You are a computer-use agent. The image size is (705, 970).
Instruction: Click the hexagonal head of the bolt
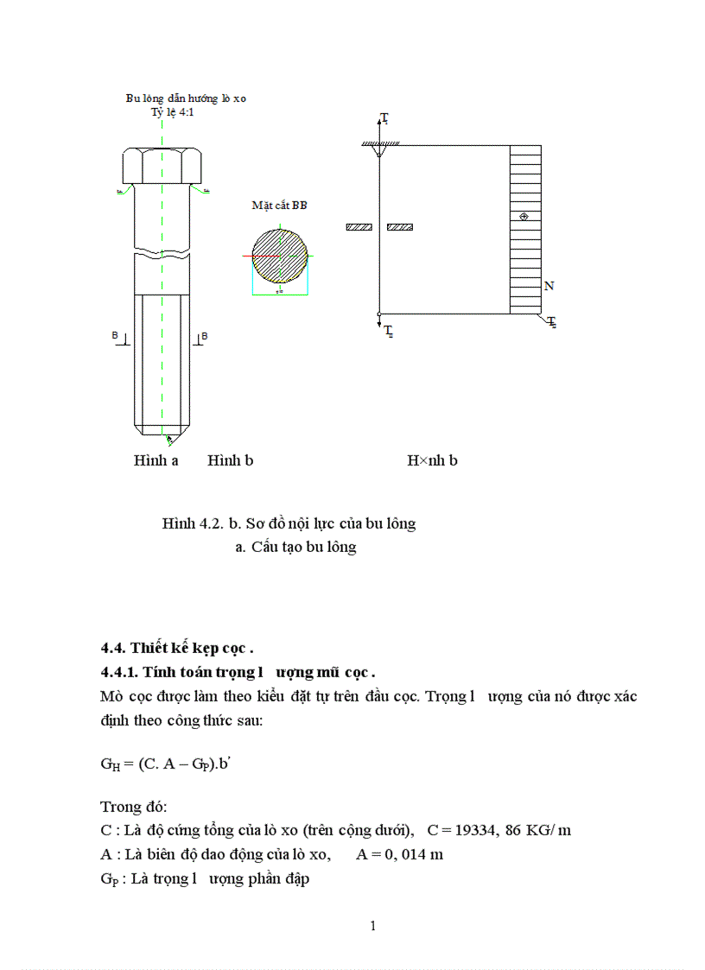(162, 165)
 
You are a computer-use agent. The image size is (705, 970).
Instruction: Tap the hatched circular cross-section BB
(279, 257)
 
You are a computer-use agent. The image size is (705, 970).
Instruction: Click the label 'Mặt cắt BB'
(279, 206)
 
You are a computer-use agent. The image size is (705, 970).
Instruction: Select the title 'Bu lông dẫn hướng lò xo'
(186, 99)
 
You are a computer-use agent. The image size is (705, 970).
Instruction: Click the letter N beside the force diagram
(549, 286)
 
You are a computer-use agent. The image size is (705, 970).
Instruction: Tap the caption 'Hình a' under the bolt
(156, 460)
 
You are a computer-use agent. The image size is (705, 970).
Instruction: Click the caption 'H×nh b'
(432, 460)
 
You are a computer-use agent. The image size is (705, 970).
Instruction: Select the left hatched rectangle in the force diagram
(359, 227)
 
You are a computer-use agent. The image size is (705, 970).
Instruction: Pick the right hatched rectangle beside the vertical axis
(400, 227)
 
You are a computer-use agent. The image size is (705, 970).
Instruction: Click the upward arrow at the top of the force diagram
(381, 121)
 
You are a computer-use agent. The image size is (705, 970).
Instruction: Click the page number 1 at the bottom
(372, 927)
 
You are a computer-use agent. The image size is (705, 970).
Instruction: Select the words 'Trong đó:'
(134, 806)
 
